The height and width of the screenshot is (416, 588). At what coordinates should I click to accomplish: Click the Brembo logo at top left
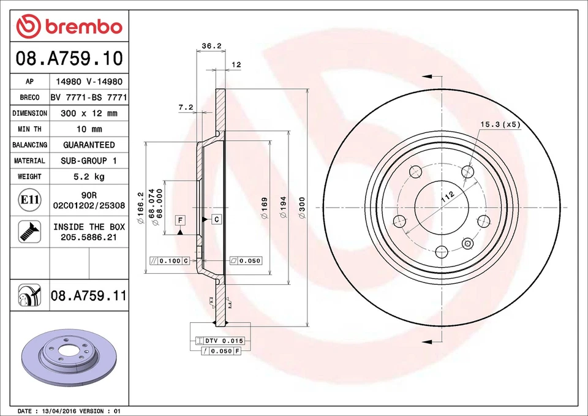pos(69,26)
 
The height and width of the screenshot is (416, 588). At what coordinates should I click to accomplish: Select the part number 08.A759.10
pos(69,59)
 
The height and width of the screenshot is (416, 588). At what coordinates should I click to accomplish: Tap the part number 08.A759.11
pos(89,296)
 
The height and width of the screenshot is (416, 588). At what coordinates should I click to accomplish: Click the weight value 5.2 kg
pos(89,176)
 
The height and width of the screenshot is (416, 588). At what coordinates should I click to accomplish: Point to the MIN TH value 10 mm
pos(89,129)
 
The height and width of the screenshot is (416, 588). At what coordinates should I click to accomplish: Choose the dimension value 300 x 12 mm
pos(89,113)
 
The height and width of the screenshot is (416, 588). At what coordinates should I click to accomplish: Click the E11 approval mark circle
pos(29,200)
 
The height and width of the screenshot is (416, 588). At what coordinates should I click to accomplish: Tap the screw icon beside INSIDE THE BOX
pos(29,232)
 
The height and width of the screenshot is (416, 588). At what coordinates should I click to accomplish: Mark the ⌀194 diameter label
pos(283,208)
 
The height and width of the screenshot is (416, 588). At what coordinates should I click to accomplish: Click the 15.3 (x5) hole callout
pos(499,124)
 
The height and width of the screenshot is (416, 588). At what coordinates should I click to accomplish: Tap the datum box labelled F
pos(181,220)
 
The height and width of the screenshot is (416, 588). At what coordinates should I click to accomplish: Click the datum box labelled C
pos(216,219)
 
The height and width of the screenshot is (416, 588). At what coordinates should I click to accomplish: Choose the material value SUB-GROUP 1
pos(89,161)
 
